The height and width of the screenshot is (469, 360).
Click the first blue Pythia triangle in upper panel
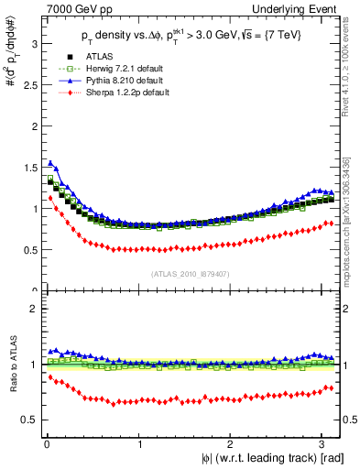[50, 163]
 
